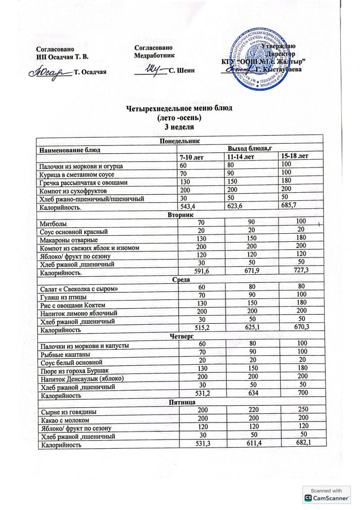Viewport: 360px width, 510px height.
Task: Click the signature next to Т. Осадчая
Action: (x=51, y=70)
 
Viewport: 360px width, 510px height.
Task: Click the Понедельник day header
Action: (x=180, y=142)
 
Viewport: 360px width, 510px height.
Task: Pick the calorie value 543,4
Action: (x=188, y=207)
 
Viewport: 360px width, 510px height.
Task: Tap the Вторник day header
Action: (x=179, y=215)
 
